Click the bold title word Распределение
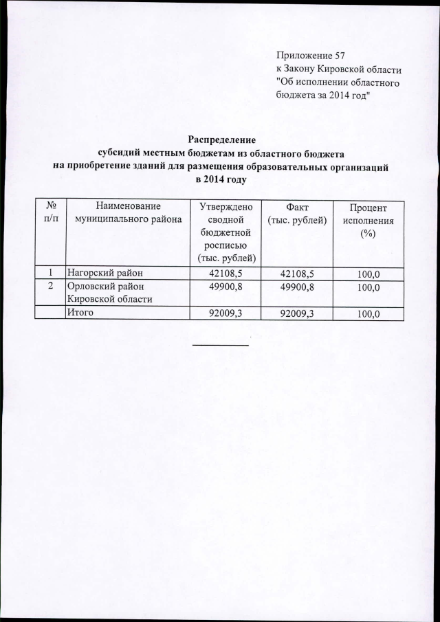pos(219,140)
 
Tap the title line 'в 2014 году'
pos(220,179)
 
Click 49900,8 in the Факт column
pos(296,286)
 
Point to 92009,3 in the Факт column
pos(296,313)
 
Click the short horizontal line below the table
pos(220,344)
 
